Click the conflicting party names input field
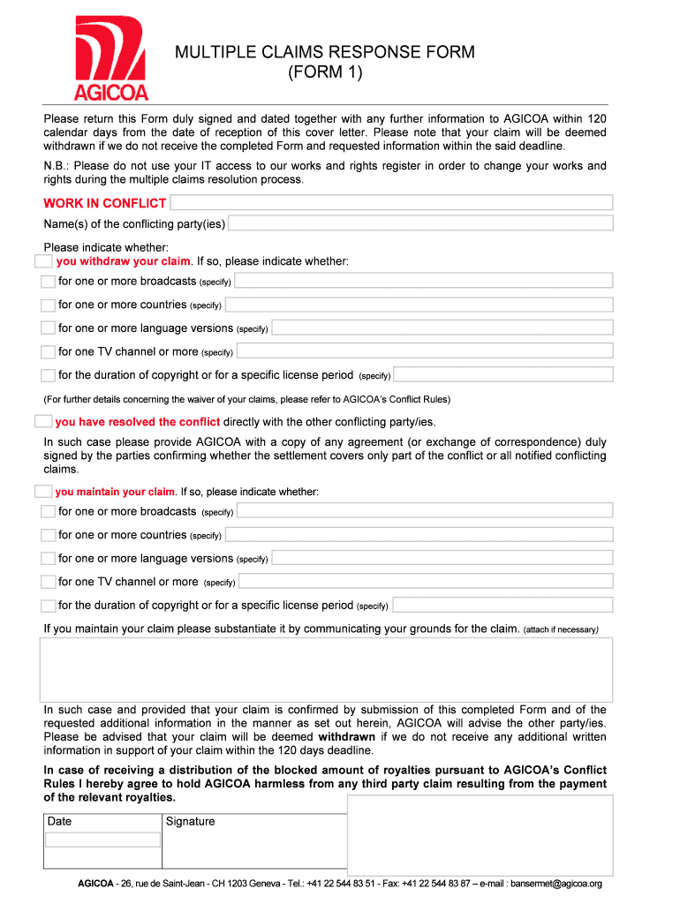click(x=420, y=223)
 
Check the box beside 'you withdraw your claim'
click(x=43, y=261)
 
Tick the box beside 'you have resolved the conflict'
click(x=43, y=421)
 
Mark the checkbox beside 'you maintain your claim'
click(x=43, y=491)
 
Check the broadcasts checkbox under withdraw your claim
click(x=48, y=281)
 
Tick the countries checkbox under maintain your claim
click(x=48, y=534)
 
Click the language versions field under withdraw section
click(x=442, y=328)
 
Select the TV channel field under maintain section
click(x=426, y=581)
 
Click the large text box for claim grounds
click(x=326, y=668)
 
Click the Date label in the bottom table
click(x=60, y=821)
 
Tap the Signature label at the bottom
click(x=191, y=821)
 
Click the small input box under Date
click(x=102, y=840)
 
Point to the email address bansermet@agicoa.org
click(x=555, y=884)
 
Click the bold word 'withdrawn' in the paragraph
click(x=347, y=736)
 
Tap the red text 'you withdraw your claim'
click(x=124, y=261)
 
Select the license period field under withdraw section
click(x=502, y=374)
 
